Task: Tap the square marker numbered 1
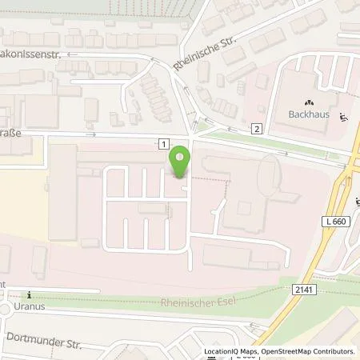coord(163,142)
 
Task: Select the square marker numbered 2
coord(256,128)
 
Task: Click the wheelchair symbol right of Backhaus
coord(342,118)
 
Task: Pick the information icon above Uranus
coord(30,294)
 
